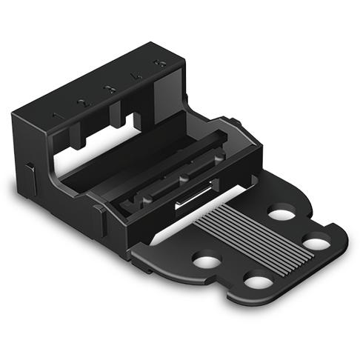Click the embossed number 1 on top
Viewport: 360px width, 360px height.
tap(54, 116)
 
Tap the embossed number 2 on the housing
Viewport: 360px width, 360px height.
tap(82, 102)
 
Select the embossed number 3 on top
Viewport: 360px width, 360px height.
tap(110, 89)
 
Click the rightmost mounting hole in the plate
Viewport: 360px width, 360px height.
tap(316, 242)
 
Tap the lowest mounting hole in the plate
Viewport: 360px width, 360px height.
tap(257, 281)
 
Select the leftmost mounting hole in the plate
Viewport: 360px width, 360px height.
tap(207, 261)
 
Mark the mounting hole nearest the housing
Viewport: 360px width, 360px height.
tap(281, 215)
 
